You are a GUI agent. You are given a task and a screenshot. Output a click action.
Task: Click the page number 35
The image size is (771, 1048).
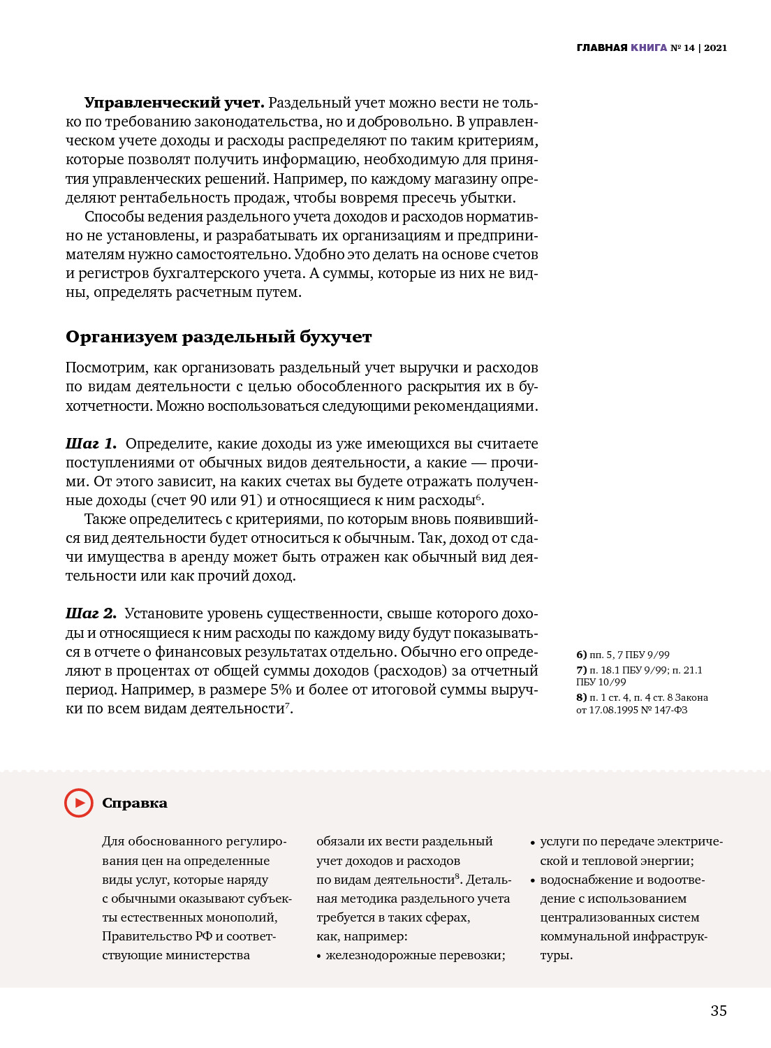pos(719,1010)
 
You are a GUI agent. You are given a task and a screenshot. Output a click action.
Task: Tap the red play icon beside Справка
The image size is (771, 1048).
pos(79,803)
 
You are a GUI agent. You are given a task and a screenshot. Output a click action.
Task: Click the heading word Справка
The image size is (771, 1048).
pos(135,803)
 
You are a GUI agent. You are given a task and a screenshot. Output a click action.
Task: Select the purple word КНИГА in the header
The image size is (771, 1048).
pos(649,48)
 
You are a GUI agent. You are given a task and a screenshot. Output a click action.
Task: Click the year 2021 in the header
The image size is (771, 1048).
pos(715,48)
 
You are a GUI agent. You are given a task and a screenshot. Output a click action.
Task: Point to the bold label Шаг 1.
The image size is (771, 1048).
pos(91,444)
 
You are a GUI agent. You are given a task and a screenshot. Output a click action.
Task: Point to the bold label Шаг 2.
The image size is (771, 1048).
pos(91,613)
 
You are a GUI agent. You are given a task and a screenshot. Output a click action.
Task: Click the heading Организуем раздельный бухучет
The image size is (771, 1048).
pos(219,337)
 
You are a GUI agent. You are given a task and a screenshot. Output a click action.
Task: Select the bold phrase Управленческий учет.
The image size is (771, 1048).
pos(174,103)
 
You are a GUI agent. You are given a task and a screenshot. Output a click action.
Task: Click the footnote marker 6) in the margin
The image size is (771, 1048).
pos(581,655)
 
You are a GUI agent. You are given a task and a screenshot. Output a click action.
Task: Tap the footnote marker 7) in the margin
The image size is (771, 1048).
pos(581,670)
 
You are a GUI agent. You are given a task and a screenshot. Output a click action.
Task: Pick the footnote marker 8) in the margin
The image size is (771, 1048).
pos(581,697)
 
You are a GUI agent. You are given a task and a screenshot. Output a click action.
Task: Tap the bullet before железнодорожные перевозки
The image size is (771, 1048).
pos(319,956)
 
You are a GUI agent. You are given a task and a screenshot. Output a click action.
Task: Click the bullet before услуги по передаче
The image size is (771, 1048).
pos(533,843)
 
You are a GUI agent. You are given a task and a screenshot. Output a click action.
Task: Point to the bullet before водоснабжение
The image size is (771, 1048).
pos(533,880)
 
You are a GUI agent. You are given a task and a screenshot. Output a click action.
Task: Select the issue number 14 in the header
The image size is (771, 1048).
pos(689,48)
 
